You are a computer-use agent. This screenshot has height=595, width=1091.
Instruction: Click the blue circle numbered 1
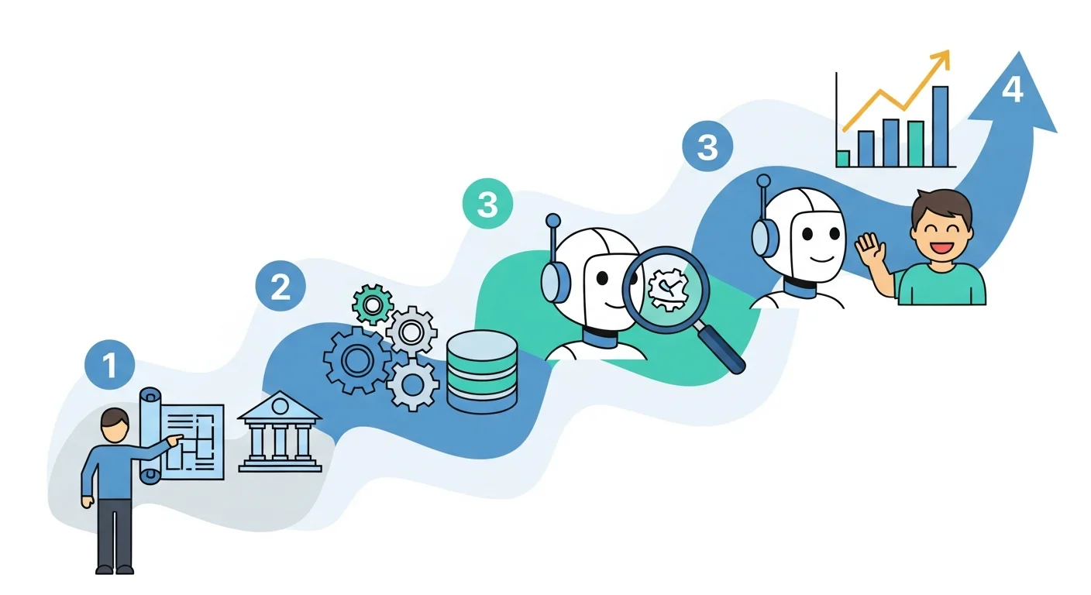[x=110, y=364]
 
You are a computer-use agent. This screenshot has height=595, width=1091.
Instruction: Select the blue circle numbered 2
[x=280, y=287]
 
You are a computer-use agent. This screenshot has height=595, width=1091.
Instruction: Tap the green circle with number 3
[x=487, y=205]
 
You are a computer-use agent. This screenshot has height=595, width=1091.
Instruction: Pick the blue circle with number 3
[x=707, y=146]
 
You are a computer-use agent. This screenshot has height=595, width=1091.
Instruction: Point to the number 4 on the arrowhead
[x=1012, y=91]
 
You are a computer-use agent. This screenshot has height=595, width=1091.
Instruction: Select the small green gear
[x=372, y=305]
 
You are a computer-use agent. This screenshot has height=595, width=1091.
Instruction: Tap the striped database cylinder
[x=482, y=371]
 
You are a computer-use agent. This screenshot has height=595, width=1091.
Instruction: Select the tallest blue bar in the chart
[x=940, y=126]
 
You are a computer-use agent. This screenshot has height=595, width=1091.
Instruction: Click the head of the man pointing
[x=115, y=426]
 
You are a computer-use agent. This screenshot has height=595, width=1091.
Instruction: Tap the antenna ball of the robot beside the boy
[x=763, y=181]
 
